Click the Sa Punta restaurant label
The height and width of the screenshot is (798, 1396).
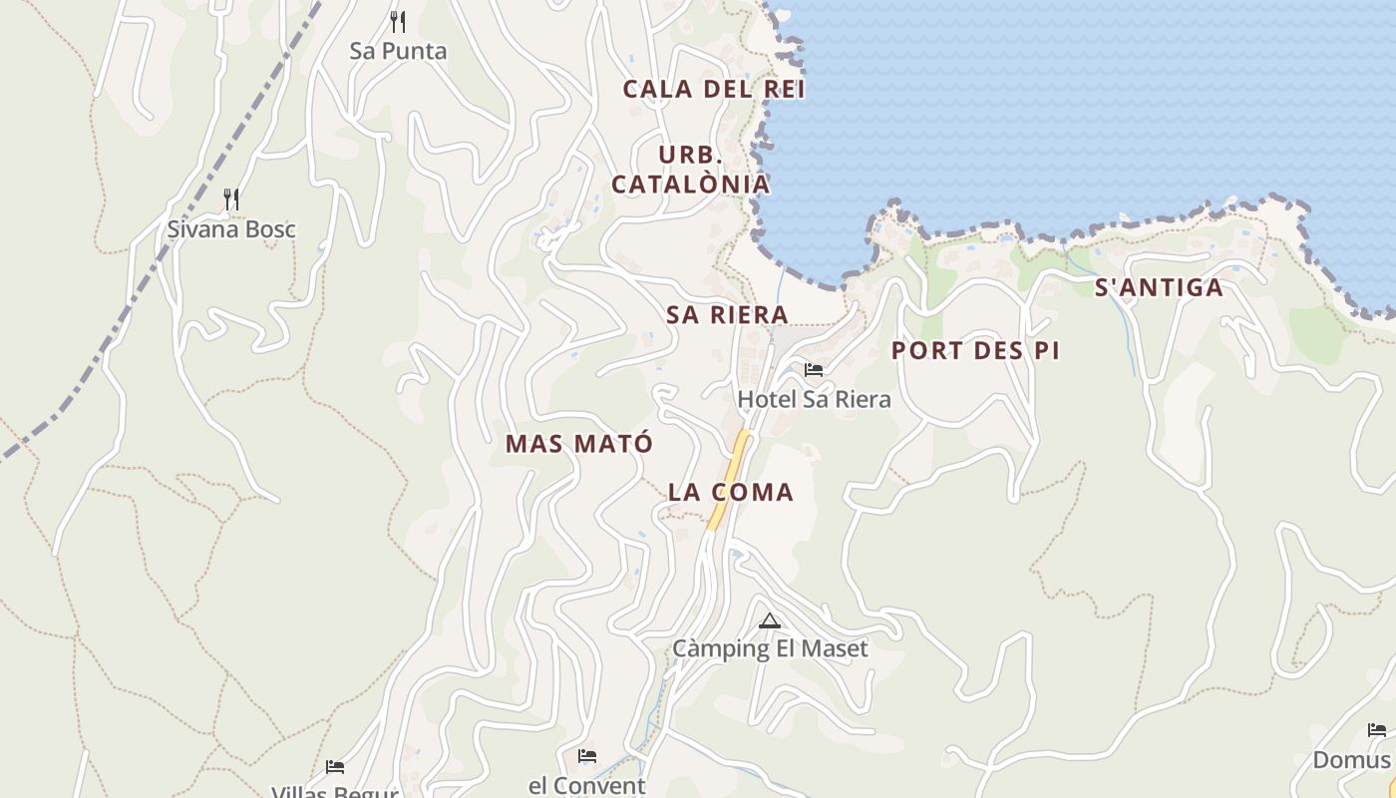click(398, 51)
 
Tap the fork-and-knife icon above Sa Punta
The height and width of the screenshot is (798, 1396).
click(398, 21)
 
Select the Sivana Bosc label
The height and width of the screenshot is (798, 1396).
click(231, 229)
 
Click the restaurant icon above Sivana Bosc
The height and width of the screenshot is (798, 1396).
click(231, 199)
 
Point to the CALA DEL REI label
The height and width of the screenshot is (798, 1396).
click(714, 89)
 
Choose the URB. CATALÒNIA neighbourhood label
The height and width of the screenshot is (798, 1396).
click(690, 170)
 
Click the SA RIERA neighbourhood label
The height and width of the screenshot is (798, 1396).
click(727, 315)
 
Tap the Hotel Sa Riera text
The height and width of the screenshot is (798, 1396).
click(814, 399)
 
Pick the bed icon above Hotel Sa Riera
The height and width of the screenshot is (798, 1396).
click(814, 370)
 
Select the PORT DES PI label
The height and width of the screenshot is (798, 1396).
click(975, 351)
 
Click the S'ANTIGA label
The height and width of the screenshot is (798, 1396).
click(1159, 288)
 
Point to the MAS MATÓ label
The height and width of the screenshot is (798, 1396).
click(579, 444)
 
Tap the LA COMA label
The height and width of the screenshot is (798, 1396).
click(731, 492)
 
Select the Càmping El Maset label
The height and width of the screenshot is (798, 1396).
click(770, 649)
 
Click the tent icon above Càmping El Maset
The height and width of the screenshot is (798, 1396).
click(769, 621)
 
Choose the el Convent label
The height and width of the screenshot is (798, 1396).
click(587, 785)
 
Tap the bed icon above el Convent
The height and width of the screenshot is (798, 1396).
click(587, 756)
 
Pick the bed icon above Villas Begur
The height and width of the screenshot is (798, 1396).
click(335, 767)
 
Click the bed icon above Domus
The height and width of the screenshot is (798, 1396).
click(1377, 730)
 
